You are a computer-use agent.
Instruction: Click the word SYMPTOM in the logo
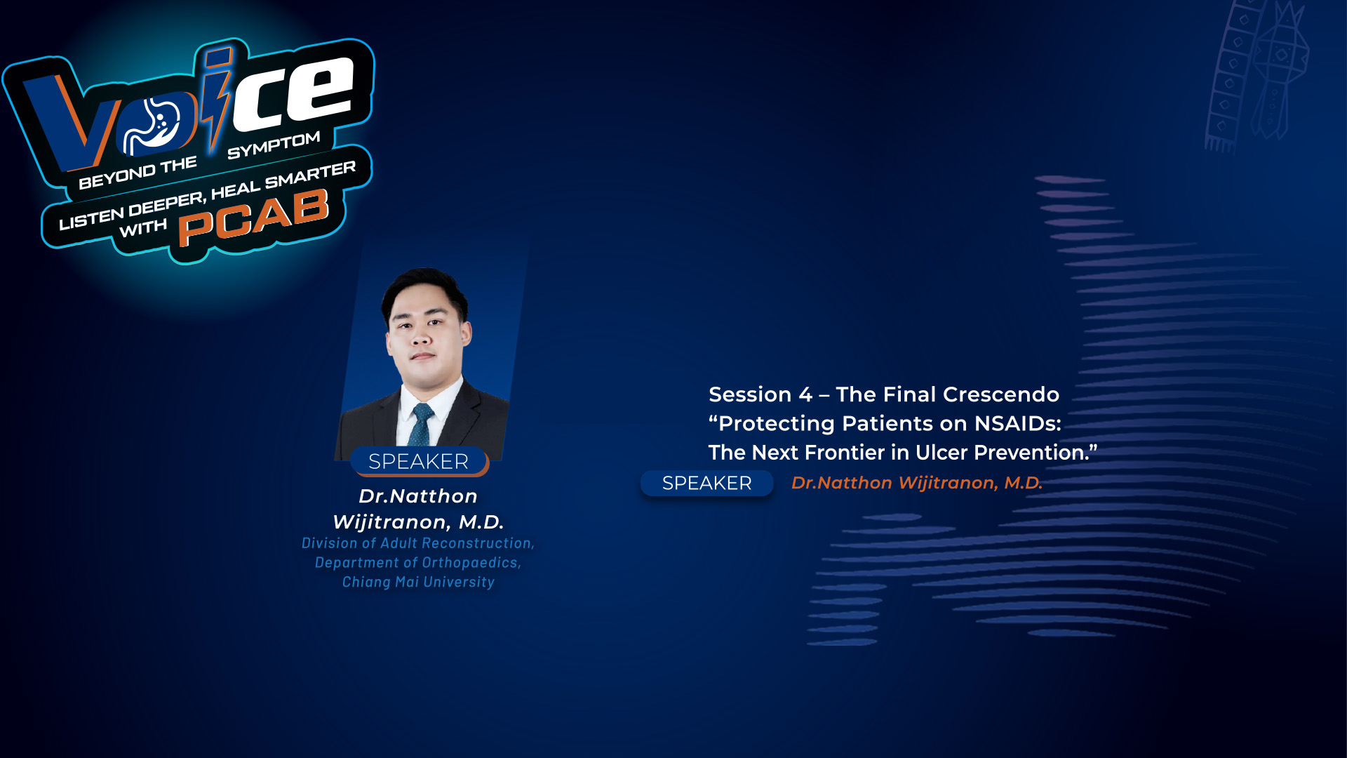(274, 145)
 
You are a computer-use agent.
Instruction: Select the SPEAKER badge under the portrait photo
(418, 461)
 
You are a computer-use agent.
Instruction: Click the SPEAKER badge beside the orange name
(706, 483)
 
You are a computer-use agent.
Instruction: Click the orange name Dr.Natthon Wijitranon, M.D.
(916, 483)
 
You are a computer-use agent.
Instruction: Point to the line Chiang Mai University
(418, 582)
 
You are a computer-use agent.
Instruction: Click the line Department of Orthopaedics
(418, 562)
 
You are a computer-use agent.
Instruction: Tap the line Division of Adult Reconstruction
(418, 543)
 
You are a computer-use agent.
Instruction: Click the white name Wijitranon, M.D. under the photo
(418, 522)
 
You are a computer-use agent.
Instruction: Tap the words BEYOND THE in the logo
(138, 173)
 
